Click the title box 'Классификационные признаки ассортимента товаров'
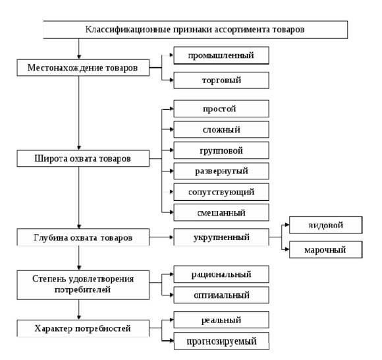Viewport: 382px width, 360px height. click(195, 30)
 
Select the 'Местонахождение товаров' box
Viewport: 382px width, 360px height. click(83, 67)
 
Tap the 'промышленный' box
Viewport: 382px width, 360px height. click(221, 55)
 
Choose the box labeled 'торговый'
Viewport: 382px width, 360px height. click(221, 80)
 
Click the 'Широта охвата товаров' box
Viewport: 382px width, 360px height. click(83, 158)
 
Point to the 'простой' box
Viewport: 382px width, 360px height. click(221, 109)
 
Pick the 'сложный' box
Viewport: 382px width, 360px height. click(221, 129)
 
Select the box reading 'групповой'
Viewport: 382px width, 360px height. click(221, 150)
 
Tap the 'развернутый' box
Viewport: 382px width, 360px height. click(221, 171)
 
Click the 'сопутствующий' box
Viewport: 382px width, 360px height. click(221, 192)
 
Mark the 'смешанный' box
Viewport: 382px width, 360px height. click(221, 213)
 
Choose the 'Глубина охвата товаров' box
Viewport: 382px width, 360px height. click(83, 237)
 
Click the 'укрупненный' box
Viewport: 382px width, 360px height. click(221, 237)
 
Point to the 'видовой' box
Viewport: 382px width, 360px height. click(326, 225)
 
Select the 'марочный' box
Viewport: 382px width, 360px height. click(326, 250)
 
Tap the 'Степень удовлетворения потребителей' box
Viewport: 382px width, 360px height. click(83, 285)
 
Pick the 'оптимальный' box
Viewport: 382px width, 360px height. click(221, 295)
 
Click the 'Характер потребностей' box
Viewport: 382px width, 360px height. click(83, 328)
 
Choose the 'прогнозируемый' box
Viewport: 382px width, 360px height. click(221, 341)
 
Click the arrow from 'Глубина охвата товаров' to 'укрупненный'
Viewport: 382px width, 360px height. click(161, 237)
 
